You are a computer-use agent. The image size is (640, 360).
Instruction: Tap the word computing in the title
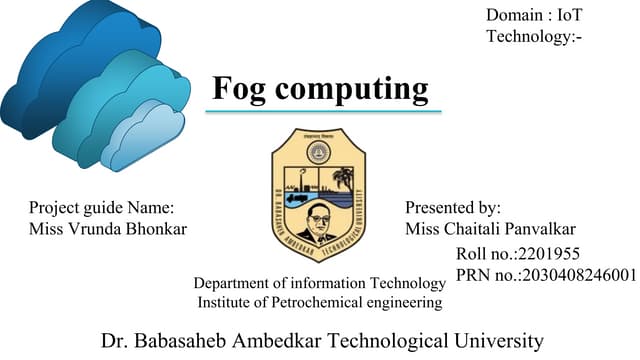coord(352,90)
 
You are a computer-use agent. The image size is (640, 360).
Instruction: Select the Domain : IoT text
coord(534,15)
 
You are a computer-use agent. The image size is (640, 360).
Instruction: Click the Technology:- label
coord(534,37)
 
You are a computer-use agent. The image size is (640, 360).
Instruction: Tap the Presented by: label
coord(452,208)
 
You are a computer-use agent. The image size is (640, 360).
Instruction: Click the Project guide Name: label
coord(102,208)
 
